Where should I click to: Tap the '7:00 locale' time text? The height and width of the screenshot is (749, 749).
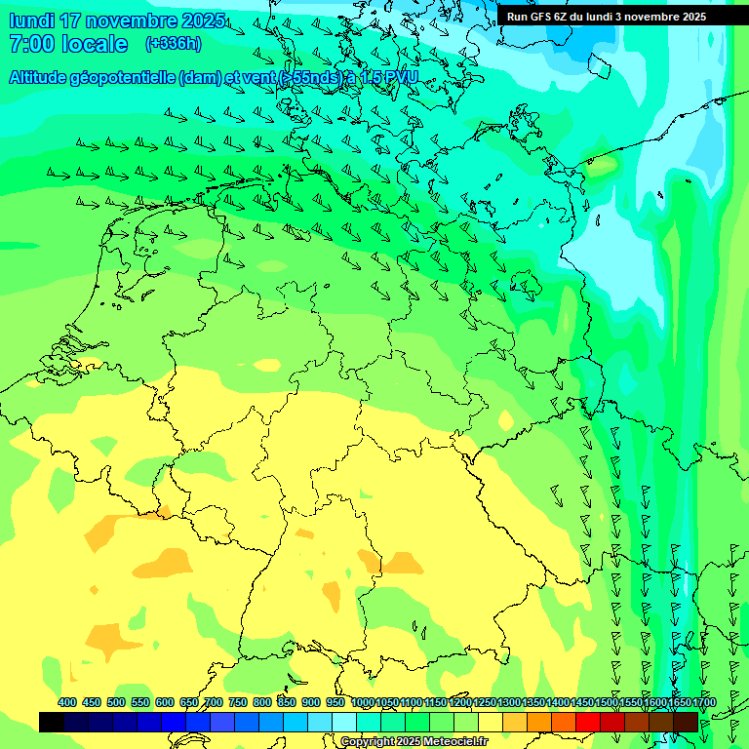pyautogui.click(x=68, y=44)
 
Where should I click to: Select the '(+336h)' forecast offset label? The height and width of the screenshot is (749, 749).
pyautogui.click(x=174, y=43)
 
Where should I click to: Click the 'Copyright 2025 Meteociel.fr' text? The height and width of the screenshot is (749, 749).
pyautogui.click(x=413, y=742)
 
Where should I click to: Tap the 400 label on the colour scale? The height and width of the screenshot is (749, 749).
pyautogui.click(x=67, y=703)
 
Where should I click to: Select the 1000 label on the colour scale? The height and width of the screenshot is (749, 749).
pyautogui.click(x=363, y=703)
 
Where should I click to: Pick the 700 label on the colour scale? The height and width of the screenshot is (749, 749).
pyautogui.click(x=213, y=703)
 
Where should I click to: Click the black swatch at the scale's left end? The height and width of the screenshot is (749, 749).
pyautogui.click(x=52, y=722)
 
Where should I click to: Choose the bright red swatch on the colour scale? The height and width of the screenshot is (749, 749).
pyautogui.click(x=588, y=722)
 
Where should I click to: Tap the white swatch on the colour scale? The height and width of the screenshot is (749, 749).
pyautogui.click(x=344, y=722)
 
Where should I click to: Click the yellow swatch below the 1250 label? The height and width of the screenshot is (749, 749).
pyautogui.click(x=491, y=722)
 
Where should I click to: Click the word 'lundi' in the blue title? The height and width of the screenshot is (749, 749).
pyautogui.click(x=31, y=21)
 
